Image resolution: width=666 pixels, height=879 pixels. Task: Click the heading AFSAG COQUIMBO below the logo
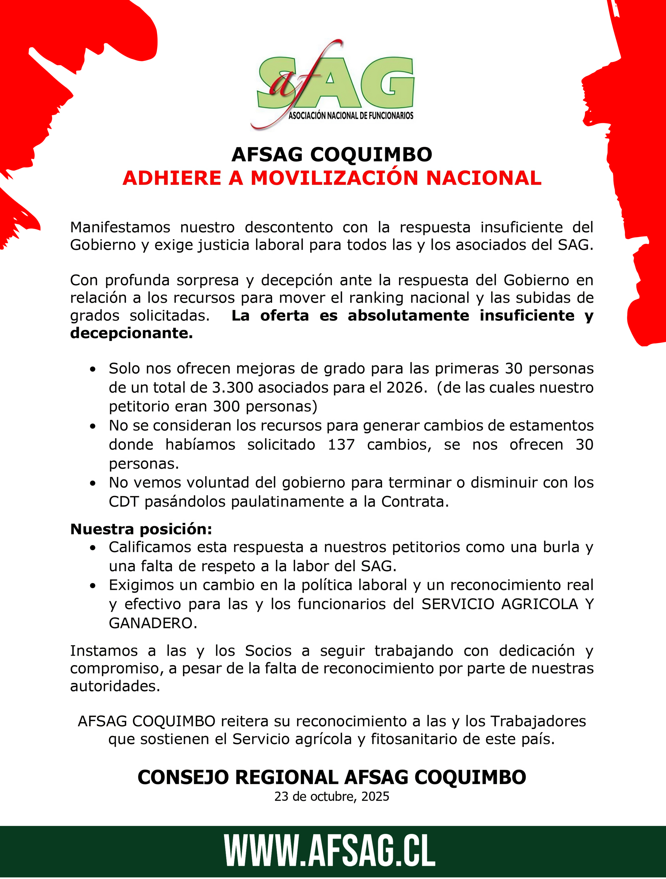click(x=332, y=154)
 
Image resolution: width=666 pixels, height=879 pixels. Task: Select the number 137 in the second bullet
click(x=341, y=444)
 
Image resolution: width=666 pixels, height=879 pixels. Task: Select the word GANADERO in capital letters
click(x=153, y=623)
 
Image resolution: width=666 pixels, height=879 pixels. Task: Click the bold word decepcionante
click(x=132, y=333)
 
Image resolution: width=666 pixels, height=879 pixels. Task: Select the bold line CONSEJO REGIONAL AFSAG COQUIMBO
click(x=332, y=777)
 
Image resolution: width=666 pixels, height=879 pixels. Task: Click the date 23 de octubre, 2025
click(x=332, y=796)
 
